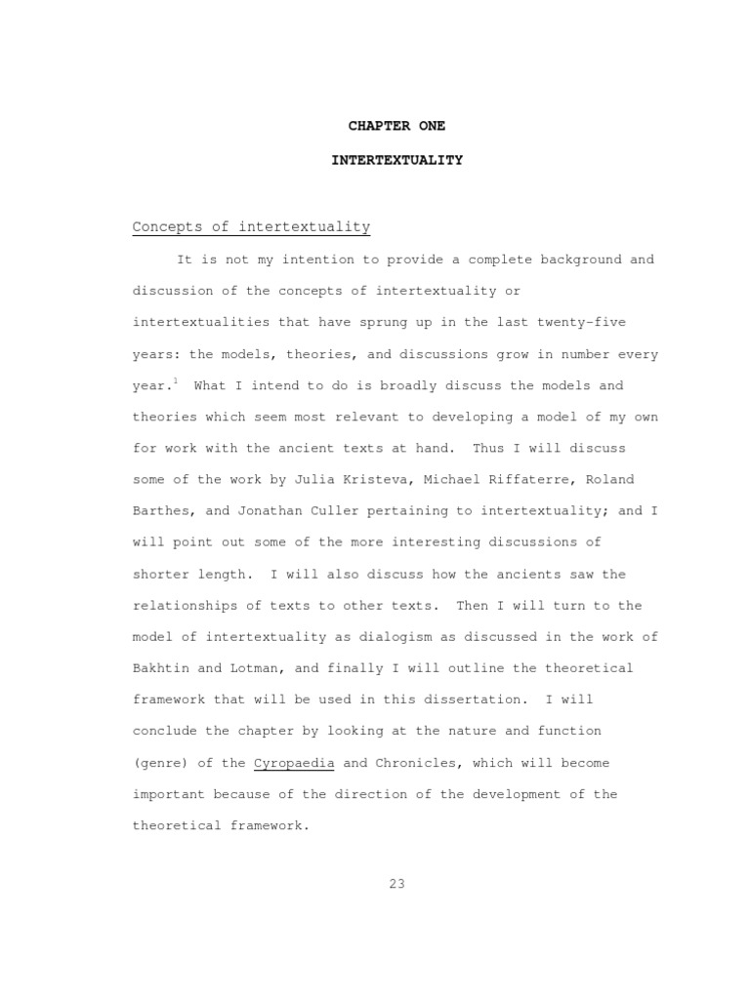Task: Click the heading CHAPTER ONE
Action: click(396, 127)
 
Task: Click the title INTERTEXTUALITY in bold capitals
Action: click(396, 159)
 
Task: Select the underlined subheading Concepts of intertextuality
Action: click(251, 227)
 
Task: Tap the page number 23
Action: click(396, 885)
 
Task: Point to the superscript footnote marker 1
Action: click(175, 380)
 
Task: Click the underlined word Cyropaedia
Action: click(294, 763)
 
